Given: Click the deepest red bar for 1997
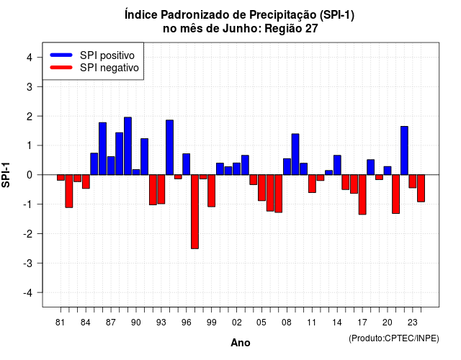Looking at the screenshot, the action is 194,212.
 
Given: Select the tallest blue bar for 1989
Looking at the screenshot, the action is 127,146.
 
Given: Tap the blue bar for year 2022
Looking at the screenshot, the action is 404,150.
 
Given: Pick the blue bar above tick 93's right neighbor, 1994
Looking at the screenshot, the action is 170,147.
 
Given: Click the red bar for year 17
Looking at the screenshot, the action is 362,194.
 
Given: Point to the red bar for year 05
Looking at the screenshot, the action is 261,188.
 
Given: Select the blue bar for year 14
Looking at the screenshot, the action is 337,165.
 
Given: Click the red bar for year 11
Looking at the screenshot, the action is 312,184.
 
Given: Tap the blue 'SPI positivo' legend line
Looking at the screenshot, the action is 61,55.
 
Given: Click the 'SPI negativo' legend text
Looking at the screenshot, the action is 109,68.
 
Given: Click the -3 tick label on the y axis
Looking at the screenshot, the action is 28,264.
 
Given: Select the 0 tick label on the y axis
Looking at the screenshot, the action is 30,175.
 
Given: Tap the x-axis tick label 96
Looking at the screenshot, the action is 186,323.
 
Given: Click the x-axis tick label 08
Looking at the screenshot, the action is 287,323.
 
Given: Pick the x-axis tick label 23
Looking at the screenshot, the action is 412,323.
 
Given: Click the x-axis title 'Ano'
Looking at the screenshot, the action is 241,343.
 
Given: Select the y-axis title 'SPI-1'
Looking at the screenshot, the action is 6,175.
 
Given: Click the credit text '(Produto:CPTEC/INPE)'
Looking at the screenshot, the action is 394,338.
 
